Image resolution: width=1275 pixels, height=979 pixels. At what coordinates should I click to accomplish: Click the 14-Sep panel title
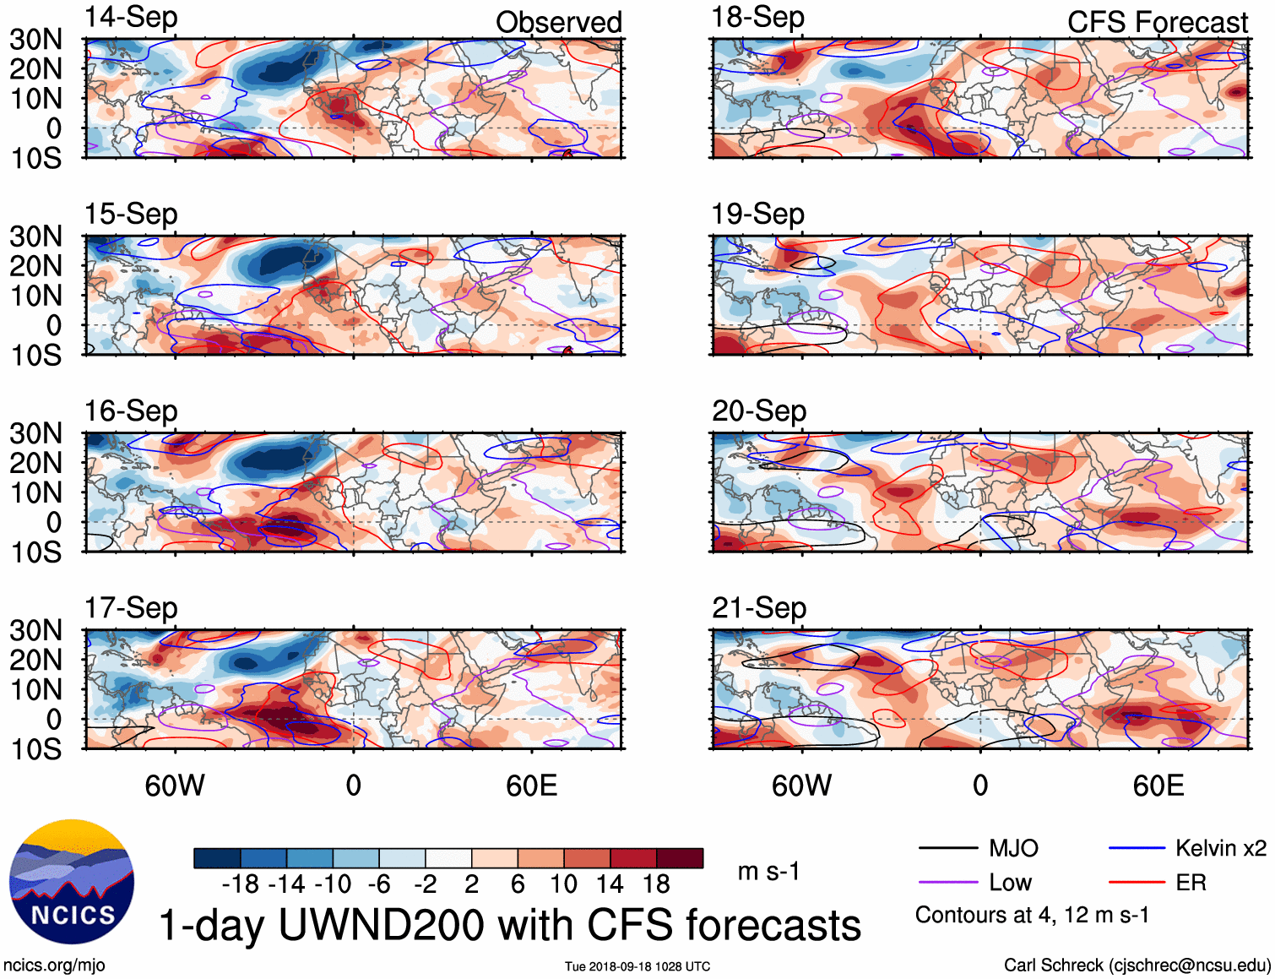(131, 18)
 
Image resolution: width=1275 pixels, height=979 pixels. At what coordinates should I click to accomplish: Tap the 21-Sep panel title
(758, 608)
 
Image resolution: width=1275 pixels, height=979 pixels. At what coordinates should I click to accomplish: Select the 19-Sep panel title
(757, 215)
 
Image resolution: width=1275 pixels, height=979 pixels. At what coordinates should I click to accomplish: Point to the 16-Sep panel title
(131, 411)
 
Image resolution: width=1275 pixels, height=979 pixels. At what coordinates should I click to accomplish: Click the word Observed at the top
(558, 23)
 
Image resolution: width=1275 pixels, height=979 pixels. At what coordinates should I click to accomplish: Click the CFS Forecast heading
(1157, 23)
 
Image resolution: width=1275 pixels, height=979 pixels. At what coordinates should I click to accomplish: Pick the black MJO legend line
(947, 848)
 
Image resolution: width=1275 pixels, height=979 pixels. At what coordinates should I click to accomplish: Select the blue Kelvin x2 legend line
(1137, 848)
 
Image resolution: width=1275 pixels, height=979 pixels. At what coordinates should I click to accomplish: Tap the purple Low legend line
(947, 883)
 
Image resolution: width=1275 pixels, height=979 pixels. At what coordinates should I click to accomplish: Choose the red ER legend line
(1137, 883)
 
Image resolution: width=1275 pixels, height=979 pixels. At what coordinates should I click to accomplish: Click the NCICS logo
(72, 882)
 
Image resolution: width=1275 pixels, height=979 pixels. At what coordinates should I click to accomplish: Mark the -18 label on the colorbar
(241, 884)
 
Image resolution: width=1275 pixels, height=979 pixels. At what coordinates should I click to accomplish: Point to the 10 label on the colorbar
(563, 884)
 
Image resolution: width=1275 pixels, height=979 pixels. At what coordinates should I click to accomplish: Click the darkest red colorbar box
(680, 858)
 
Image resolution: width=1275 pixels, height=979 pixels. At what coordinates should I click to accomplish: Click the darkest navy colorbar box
(217, 858)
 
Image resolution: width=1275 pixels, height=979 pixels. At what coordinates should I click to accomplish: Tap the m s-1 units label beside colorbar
(768, 872)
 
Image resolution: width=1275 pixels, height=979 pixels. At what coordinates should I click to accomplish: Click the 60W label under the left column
(175, 786)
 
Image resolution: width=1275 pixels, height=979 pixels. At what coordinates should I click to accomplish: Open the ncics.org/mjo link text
(54, 965)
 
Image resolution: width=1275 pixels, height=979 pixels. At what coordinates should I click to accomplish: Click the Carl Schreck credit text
(1137, 965)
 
